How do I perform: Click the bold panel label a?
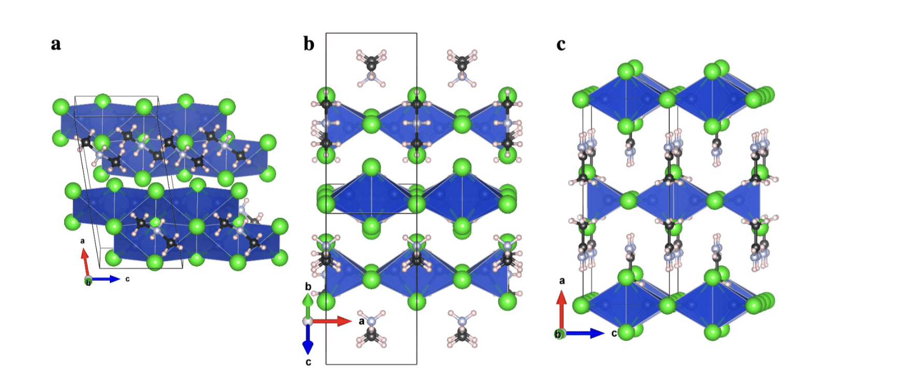[x=56, y=45]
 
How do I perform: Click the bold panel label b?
[x=309, y=44]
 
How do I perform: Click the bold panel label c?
[x=561, y=45]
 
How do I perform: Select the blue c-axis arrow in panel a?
[x=105, y=279]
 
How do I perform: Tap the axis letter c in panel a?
[x=127, y=279]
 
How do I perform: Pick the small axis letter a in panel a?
[x=82, y=241]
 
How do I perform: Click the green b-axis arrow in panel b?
[x=308, y=306]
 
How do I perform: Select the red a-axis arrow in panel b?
[x=332, y=321]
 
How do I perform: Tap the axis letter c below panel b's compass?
[x=308, y=362]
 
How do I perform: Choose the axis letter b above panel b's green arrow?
[x=308, y=286]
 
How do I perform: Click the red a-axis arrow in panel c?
[x=561, y=310]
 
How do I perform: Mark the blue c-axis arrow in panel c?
[x=584, y=333]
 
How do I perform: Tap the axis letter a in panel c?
[x=562, y=281]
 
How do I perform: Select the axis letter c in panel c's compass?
[x=614, y=333]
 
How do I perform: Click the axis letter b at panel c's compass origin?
[x=558, y=334]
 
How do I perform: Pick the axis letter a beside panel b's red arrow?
[x=362, y=322]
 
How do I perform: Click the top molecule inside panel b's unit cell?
[x=371, y=68]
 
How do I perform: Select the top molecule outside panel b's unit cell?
[x=462, y=68]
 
